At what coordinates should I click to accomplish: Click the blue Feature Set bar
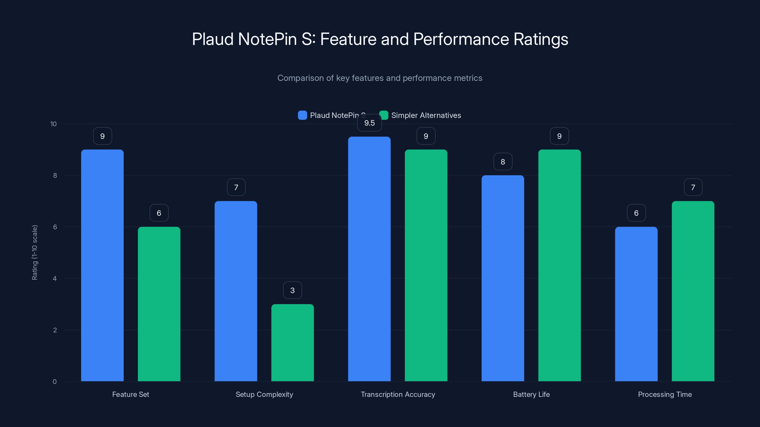(102, 265)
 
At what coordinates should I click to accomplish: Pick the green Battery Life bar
(559, 265)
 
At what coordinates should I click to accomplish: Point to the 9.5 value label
(369, 123)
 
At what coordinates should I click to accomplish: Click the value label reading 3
(292, 290)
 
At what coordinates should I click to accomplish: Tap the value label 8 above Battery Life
(503, 162)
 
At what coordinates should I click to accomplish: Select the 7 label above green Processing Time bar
(693, 187)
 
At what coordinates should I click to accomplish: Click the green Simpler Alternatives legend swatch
(384, 115)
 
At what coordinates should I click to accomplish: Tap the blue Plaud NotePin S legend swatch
(302, 115)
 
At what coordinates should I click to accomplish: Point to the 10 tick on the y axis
(53, 124)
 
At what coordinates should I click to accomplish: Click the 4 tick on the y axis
(55, 278)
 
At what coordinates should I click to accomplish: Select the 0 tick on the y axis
(55, 382)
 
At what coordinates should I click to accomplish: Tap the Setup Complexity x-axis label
(264, 394)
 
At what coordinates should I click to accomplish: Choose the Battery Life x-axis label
(531, 394)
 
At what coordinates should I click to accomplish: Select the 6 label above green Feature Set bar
(159, 213)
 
